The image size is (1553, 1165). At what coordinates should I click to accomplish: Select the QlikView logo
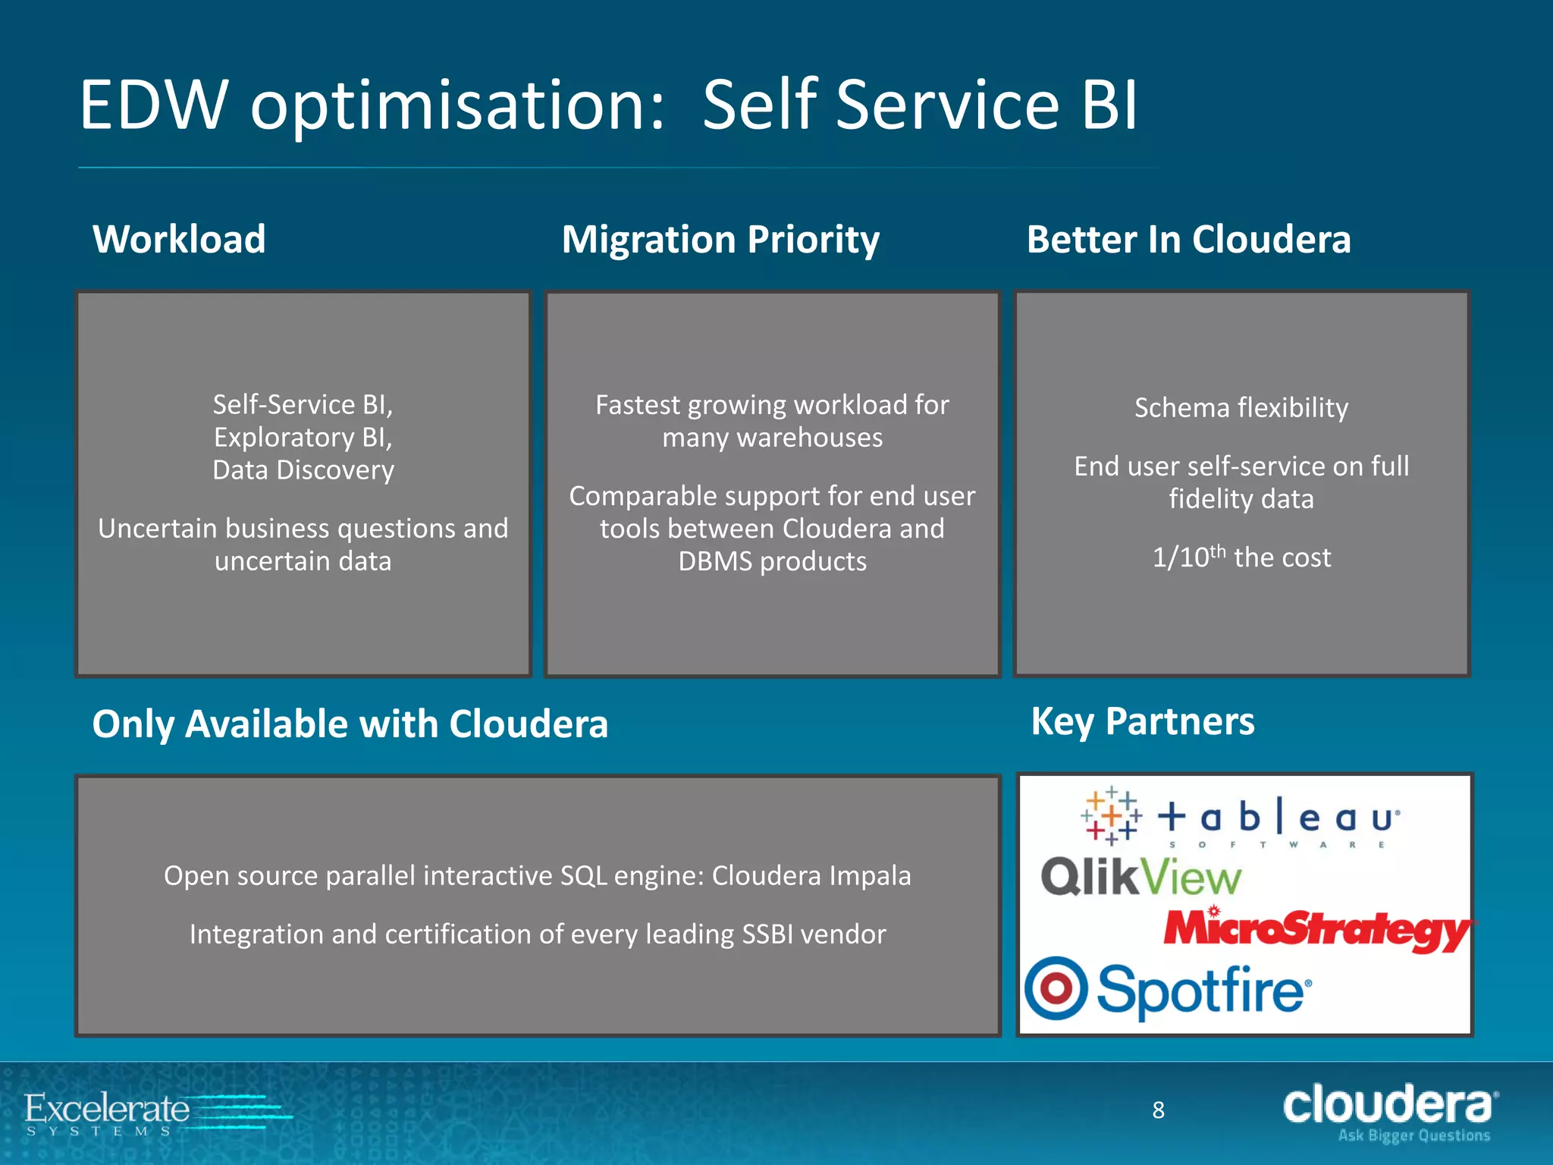pos(1140,878)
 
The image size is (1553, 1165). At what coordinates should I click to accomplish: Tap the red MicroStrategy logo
pos(1318,929)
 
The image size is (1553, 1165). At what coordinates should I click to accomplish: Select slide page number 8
pos(1158,1110)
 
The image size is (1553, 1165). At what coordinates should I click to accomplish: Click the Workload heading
pos(179,240)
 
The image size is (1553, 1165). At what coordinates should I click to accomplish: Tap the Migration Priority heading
pos(720,240)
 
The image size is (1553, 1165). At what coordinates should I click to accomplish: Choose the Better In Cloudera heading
pos(1188,240)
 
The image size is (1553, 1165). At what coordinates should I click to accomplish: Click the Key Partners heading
pos(1142,721)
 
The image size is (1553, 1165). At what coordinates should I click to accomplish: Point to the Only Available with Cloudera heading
pos(350,724)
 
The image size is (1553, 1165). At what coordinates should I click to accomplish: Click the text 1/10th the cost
pos(1241,557)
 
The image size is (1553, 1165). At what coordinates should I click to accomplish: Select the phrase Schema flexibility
pos(1241,408)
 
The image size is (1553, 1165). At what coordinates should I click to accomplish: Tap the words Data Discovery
pos(303,470)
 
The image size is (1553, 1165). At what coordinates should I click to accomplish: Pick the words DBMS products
pos(772,561)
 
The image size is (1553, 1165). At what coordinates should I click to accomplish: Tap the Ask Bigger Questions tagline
pos(1413,1135)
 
